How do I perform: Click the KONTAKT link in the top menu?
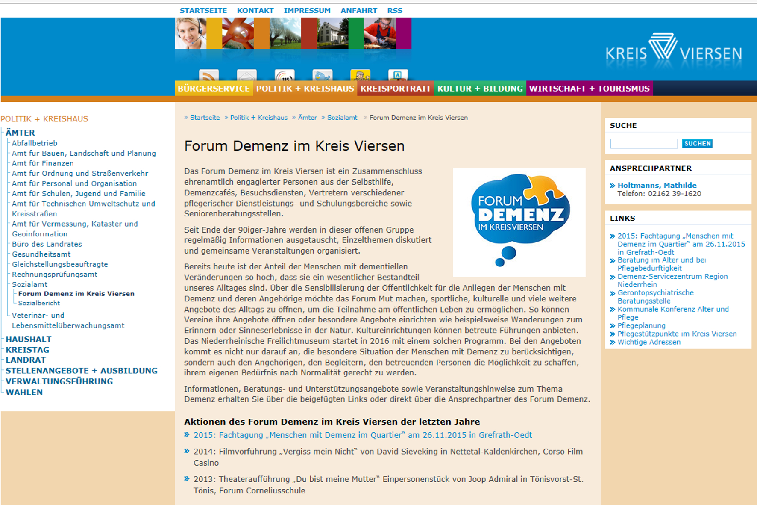255,11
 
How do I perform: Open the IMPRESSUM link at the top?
307,11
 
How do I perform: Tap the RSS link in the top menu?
394,11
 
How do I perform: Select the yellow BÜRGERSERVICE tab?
214,89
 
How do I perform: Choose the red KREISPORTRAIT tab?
395,89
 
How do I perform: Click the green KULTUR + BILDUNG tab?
480,89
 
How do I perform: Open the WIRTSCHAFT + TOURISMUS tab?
589,89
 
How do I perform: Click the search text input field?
643,144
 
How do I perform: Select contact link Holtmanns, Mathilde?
657,185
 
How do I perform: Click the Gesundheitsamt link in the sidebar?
41,254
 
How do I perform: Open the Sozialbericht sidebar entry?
39,303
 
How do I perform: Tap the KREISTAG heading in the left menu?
27,350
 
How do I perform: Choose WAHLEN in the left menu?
24,392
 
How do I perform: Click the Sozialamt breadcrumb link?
342,118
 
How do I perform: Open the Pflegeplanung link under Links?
641,325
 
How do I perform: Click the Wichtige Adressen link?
648,342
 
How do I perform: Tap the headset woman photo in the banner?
190,33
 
